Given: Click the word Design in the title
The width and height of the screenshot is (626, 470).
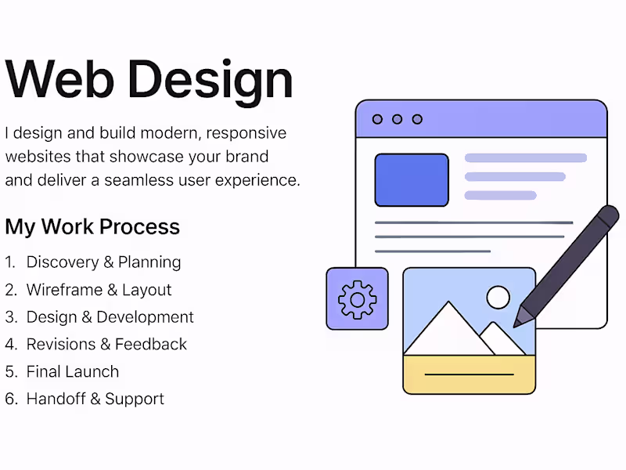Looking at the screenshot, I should pos(210,79).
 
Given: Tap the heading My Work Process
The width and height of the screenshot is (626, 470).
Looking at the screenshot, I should pos(92,227).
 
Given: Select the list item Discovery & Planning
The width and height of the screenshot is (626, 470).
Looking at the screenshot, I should pos(103,262).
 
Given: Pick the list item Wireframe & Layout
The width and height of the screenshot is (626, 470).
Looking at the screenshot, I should pos(99,290).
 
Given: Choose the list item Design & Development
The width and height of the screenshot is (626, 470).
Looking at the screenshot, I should pos(110,317).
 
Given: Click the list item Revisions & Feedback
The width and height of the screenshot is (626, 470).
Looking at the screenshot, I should pos(106,344).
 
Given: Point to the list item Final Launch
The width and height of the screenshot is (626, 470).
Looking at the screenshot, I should pos(73,371).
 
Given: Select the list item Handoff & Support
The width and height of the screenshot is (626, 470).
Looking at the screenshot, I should pos(95,399).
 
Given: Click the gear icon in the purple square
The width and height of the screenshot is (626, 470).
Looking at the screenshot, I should pos(357,298).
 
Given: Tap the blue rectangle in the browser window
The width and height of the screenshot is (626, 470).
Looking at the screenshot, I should pos(412,180).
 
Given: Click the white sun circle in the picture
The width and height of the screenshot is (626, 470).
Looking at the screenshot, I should pos(498,297).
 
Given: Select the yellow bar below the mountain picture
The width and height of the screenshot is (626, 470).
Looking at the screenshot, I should pos(469,374).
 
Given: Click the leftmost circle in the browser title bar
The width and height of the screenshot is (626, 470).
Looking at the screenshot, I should pos(377,119).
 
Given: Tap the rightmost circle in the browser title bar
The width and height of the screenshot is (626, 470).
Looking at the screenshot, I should pos(417,119).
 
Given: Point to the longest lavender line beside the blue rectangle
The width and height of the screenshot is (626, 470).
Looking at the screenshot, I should pos(526,158).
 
